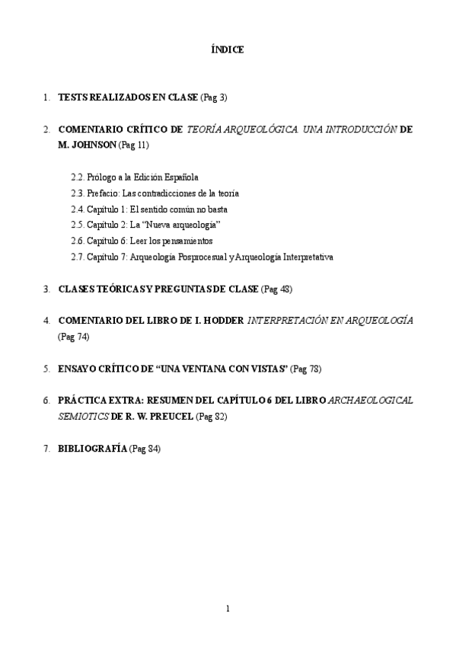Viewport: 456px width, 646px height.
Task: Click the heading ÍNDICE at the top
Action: tap(228, 50)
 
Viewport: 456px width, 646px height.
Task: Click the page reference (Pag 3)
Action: tap(214, 98)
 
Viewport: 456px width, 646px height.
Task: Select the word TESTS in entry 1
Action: tap(73, 98)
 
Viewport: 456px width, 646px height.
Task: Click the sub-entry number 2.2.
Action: tap(78, 177)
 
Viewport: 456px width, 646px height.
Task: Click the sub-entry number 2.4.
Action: tap(78, 209)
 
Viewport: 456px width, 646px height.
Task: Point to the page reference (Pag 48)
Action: tap(276, 289)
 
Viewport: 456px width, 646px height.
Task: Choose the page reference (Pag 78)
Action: tap(305, 368)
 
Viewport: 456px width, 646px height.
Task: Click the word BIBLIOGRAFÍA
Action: tap(92, 449)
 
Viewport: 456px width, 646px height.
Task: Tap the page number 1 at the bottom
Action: tap(228, 608)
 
